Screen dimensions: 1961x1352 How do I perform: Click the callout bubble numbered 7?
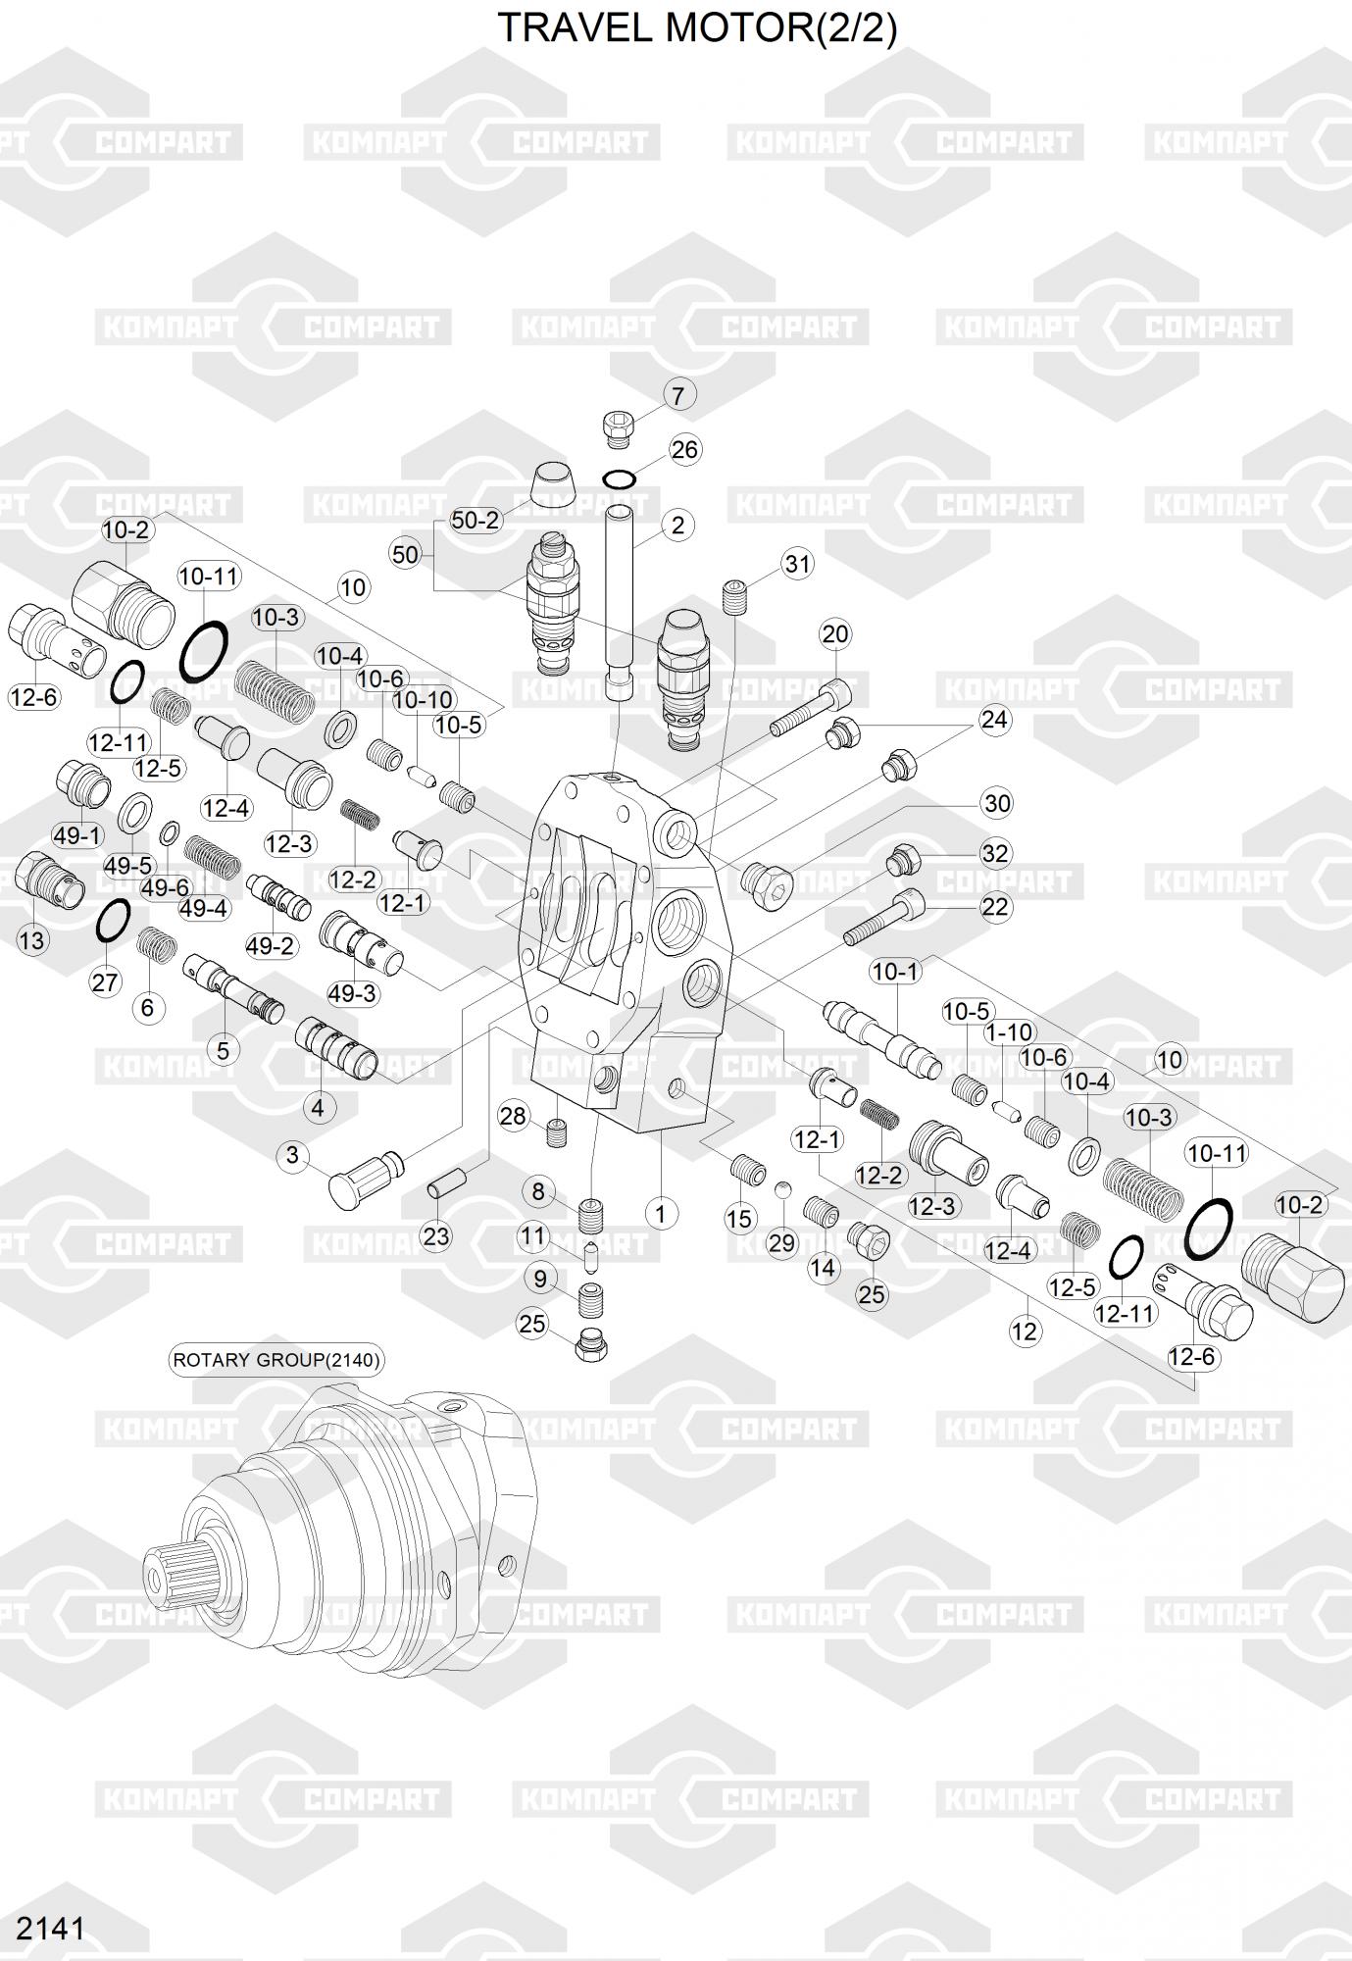click(x=678, y=395)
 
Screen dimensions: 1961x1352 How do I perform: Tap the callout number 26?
click(x=684, y=449)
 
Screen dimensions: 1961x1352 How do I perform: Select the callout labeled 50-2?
click(x=476, y=521)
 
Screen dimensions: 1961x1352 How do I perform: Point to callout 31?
click(x=798, y=564)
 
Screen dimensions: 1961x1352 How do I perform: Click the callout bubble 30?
click(x=996, y=804)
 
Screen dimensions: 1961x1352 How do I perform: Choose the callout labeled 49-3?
click(x=352, y=993)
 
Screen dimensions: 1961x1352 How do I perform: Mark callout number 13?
click(x=32, y=941)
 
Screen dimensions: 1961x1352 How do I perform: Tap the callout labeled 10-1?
click(x=895, y=972)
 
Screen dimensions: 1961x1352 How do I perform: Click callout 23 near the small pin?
click(x=436, y=1236)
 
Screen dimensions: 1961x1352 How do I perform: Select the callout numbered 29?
click(x=781, y=1243)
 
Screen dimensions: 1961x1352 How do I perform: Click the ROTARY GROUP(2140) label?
click(x=276, y=1360)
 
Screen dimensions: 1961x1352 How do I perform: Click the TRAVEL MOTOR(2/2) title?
click(x=697, y=29)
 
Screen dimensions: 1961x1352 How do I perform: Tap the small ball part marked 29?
click(x=781, y=1190)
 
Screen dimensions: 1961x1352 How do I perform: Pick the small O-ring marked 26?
click(x=619, y=478)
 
